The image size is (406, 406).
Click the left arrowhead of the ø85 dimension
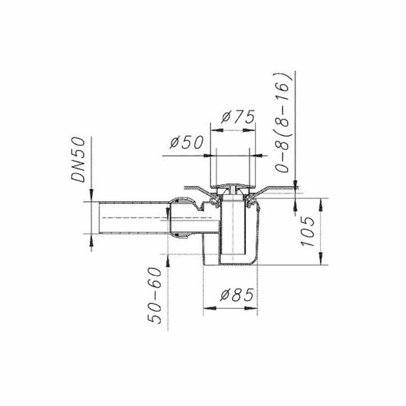coord(208,309)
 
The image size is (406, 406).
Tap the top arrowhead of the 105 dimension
coord(321,203)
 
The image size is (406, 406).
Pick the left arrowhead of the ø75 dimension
coord(215,130)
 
